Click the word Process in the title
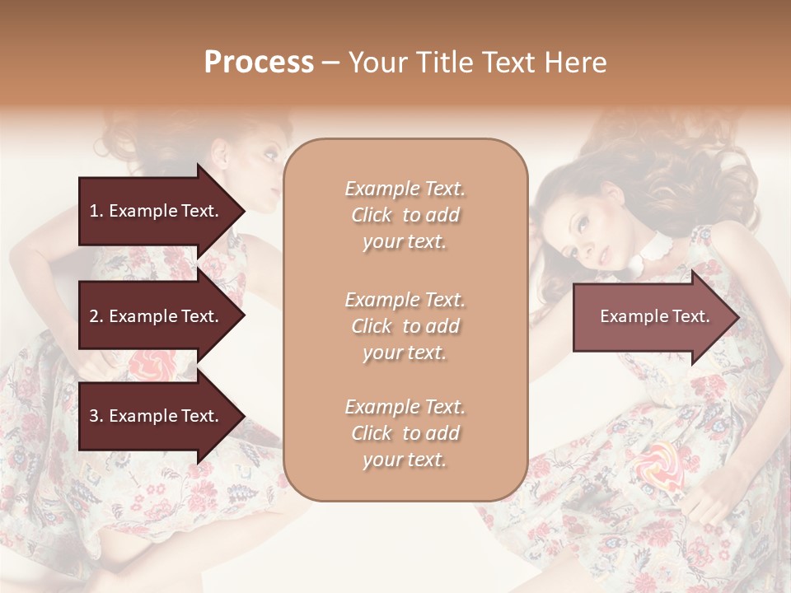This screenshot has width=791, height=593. (259, 63)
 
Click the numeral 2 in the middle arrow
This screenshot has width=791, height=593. (94, 316)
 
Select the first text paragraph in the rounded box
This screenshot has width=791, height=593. (405, 215)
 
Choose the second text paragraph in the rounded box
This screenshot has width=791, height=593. (405, 326)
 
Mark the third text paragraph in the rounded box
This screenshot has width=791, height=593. (405, 433)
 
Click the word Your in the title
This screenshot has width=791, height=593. (376, 63)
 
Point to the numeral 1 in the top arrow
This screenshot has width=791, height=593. (94, 211)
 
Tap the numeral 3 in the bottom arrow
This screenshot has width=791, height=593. (94, 416)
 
